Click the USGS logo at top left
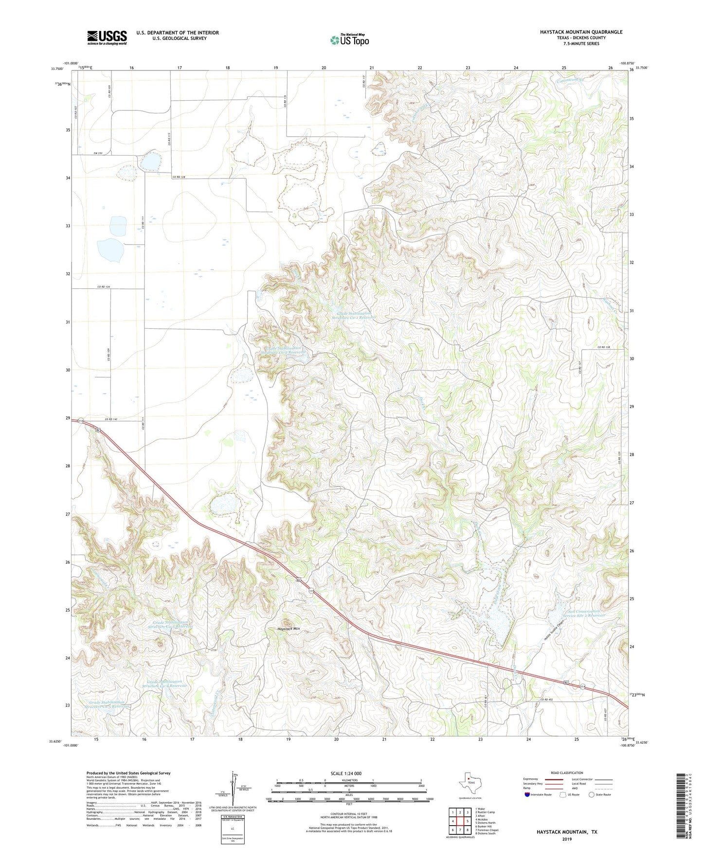click(x=107, y=37)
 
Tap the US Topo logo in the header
click(x=349, y=40)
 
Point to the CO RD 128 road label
click(x=179, y=177)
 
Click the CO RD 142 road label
click(x=110, y=419)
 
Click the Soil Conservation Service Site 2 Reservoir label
click(x=582, y=613)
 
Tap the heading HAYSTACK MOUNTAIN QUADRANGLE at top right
click(x=581, y=32)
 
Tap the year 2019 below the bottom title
click(x=567, y=839)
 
